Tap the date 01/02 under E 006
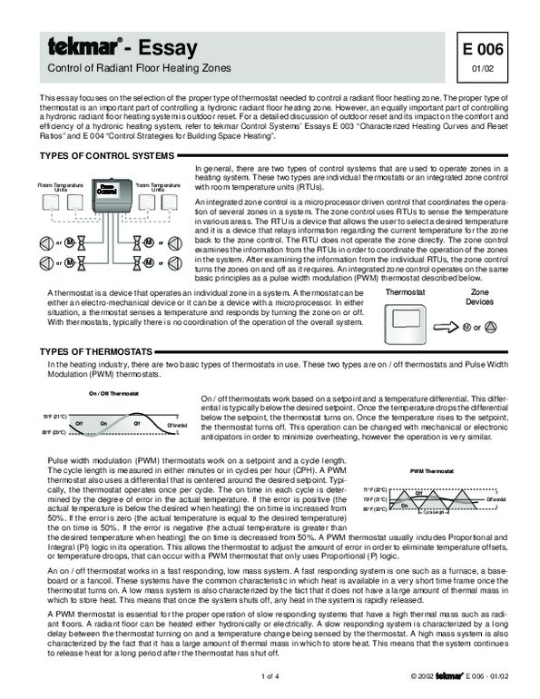pyautogui.click(x=491, y=66)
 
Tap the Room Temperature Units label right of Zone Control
pyautogui.click(x=158, y=186)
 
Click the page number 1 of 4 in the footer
pyautogui.click(x=270, y=676)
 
